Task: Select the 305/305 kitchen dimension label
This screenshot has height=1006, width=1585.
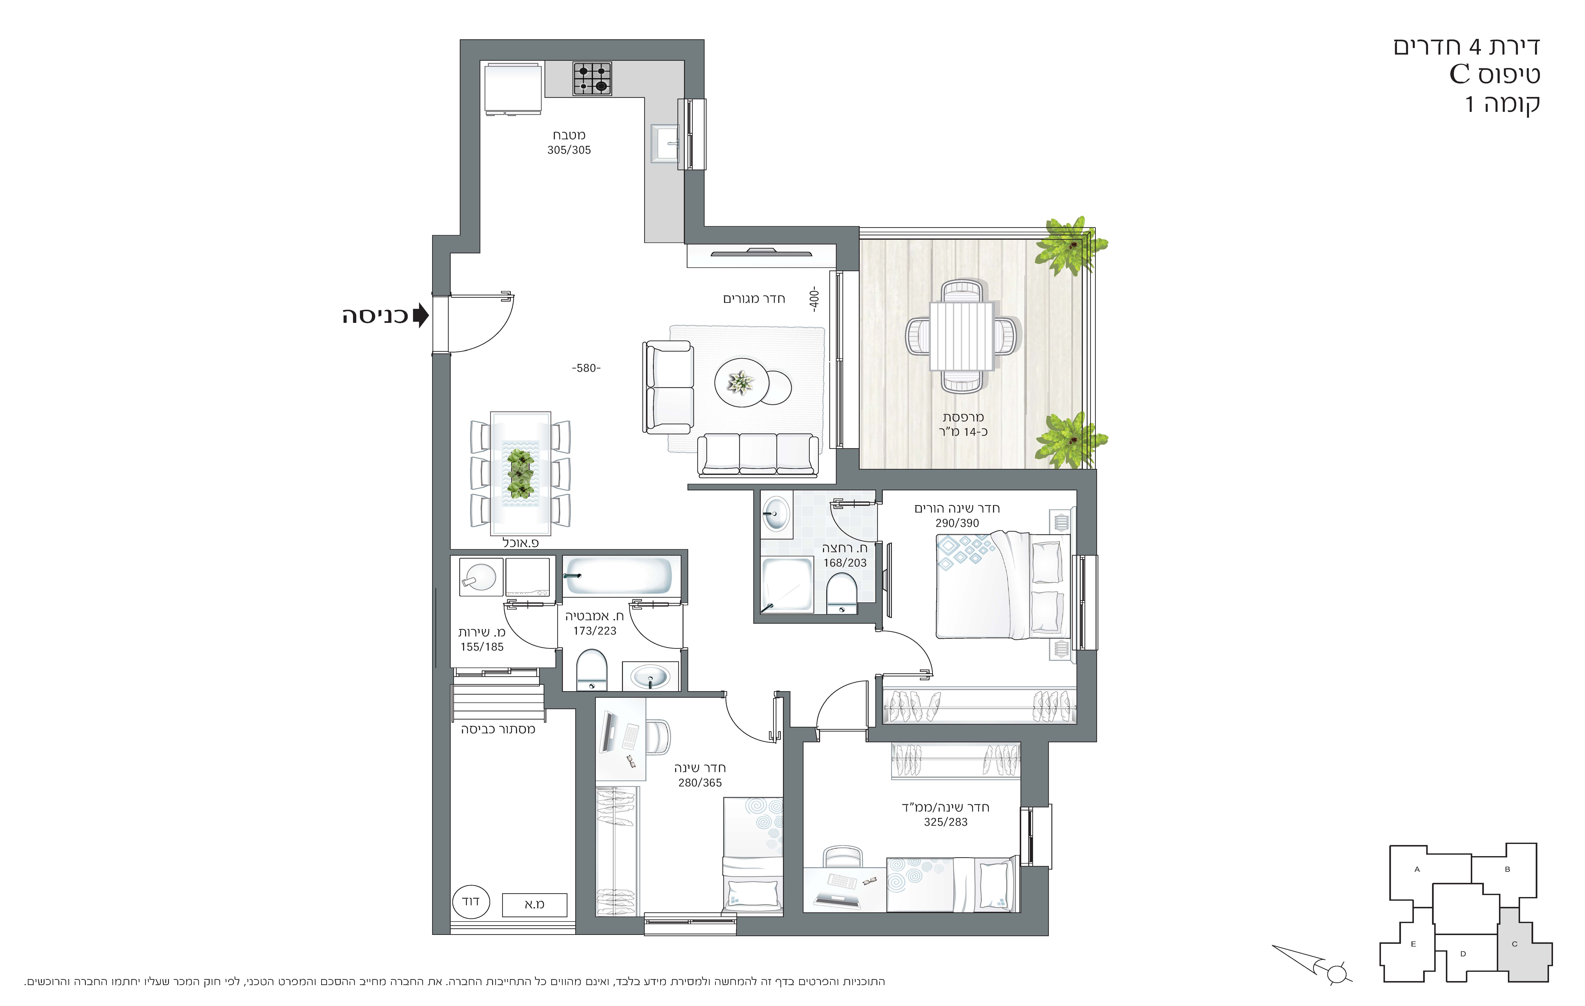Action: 569,150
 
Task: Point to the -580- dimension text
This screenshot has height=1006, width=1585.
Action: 586,368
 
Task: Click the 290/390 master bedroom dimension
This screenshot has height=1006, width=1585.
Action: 957,523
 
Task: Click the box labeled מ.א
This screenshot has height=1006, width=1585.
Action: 534,905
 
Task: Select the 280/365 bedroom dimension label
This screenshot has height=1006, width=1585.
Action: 700,783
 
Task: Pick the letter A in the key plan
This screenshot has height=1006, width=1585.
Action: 1417,869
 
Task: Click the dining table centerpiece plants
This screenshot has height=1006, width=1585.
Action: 520,473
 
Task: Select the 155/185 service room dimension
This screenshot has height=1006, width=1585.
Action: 482,647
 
